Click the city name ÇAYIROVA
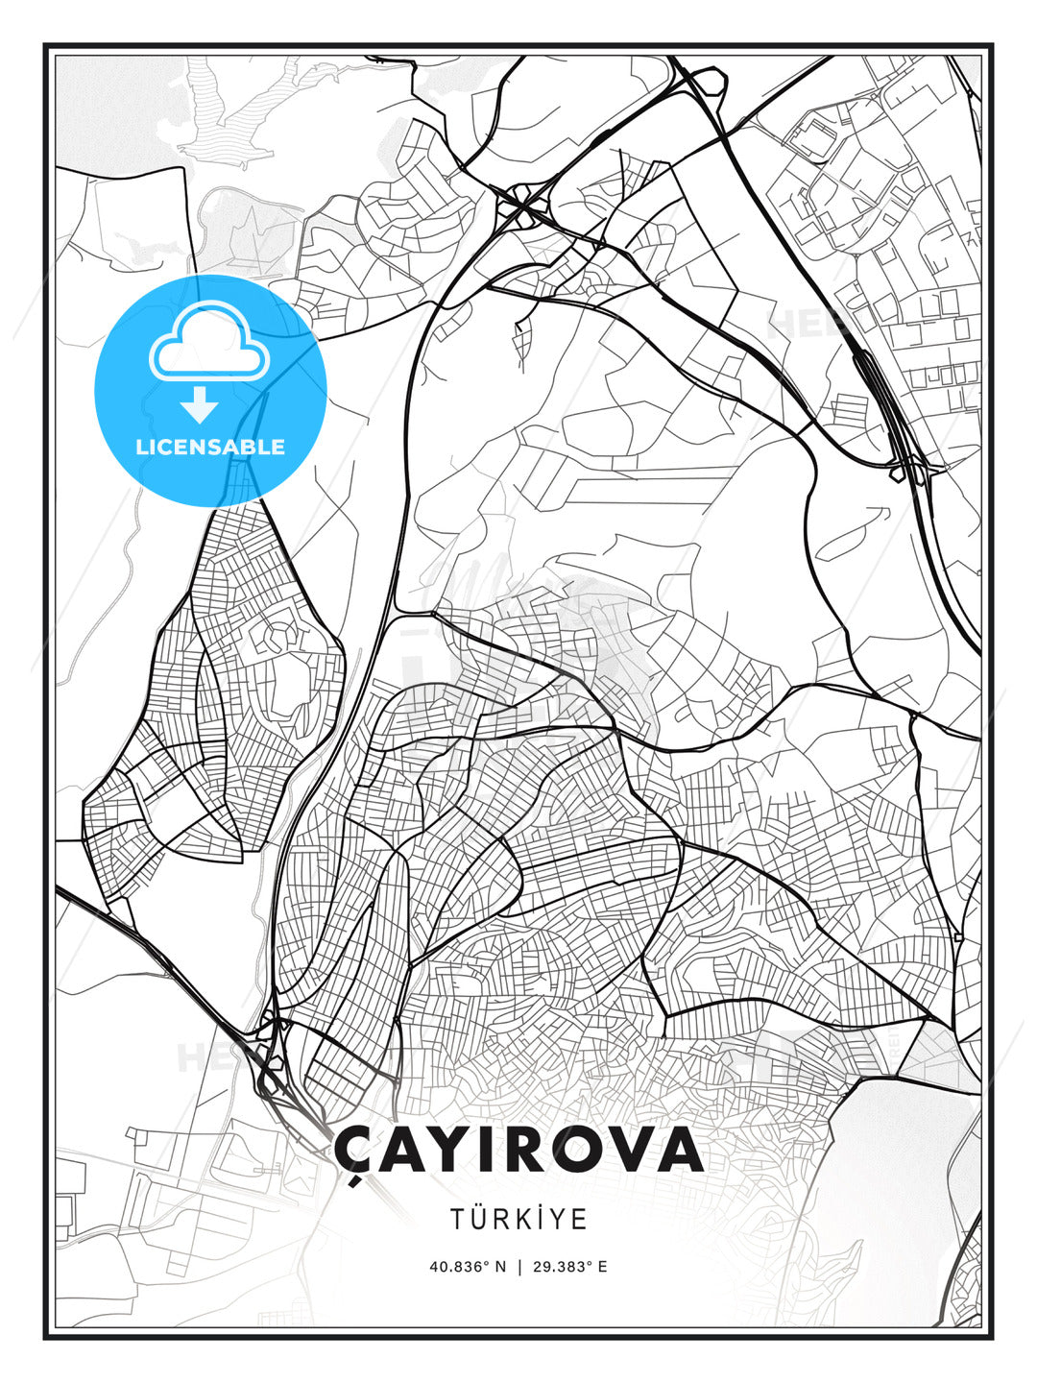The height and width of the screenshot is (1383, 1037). (x=518, y=1151)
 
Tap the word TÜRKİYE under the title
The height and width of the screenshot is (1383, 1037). (x=518, y=1219)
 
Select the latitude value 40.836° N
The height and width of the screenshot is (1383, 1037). (x=468, y=1266)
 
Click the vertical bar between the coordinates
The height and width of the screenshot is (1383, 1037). (x=518, y=1266)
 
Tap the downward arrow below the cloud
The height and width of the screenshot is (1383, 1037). (x=200, y=405)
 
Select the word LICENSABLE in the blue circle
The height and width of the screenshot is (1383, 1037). (x=210, y=447)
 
